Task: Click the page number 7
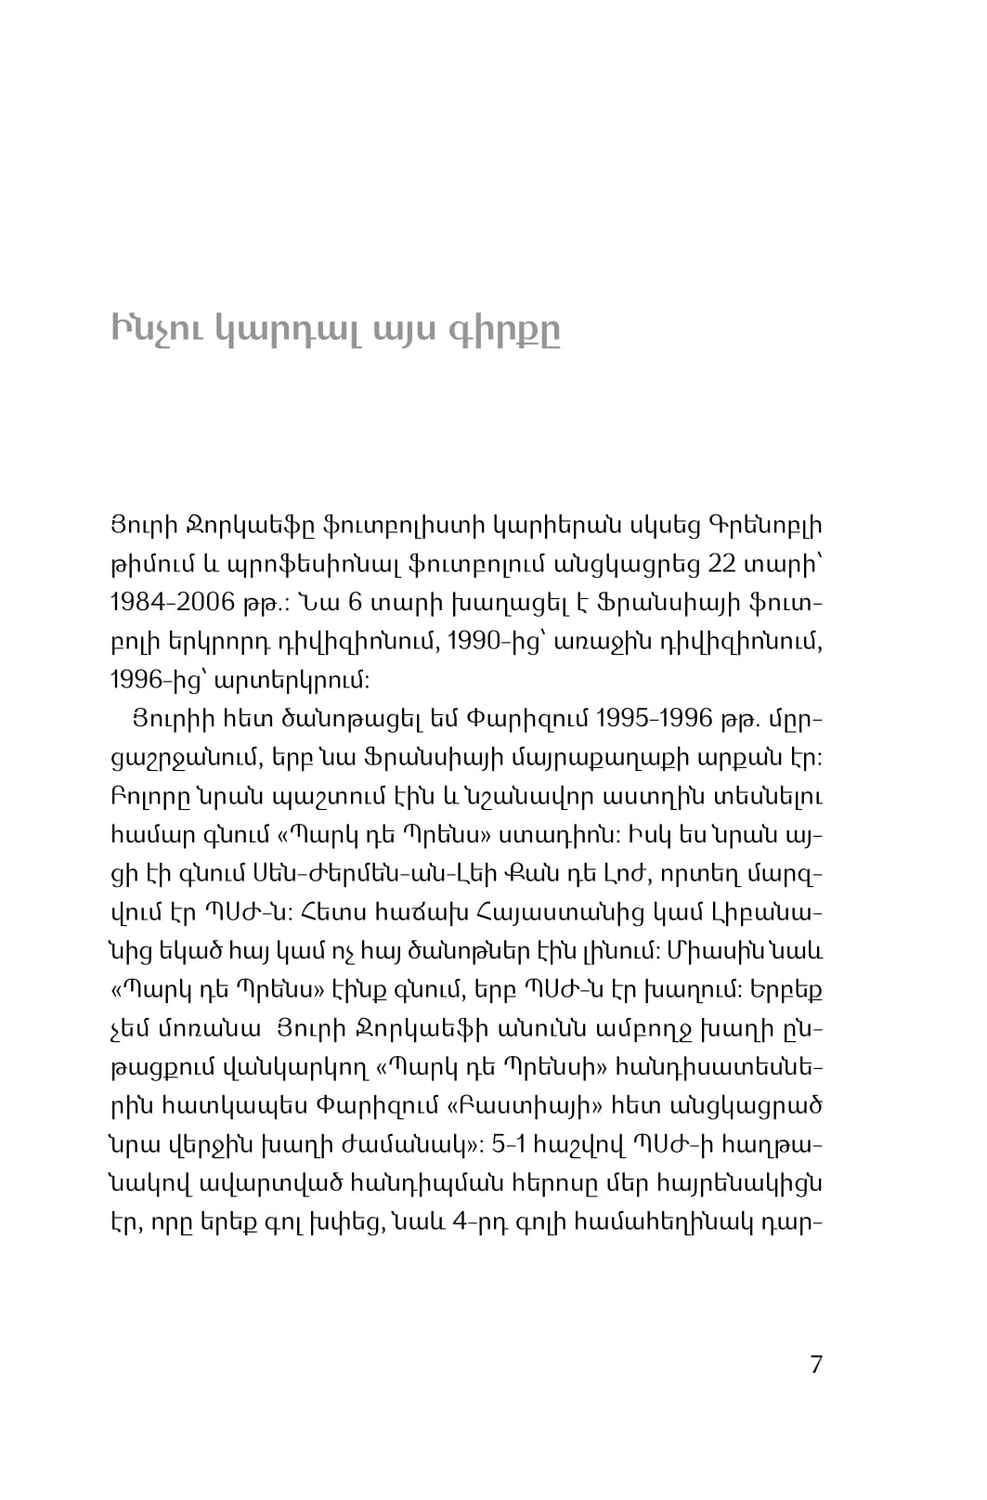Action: [x=815, y=1364]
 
